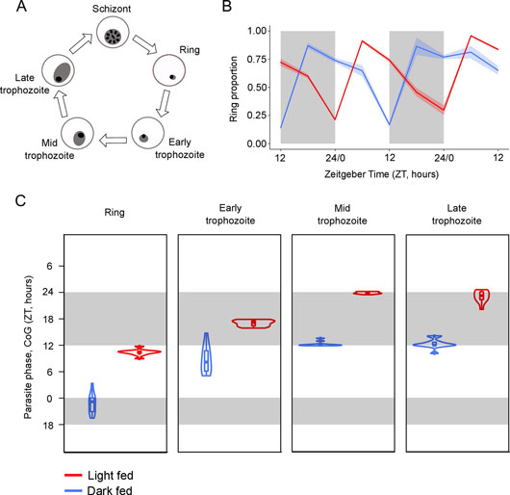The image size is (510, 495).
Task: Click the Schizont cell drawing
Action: point(113,33)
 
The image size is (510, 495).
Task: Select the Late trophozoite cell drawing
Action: point(59,70)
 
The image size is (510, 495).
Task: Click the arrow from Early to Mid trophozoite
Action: point(113,140)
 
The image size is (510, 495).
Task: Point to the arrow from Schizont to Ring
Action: point(144,44)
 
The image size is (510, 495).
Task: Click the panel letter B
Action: point(227,7)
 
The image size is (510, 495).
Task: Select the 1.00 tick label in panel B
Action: point(258,31)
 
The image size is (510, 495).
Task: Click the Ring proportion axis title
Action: point(233,89)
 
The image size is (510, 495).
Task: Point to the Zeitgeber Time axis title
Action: point(381,174)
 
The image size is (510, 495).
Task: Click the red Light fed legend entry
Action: point(99,476)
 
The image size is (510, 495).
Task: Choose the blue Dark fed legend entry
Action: point(98,490)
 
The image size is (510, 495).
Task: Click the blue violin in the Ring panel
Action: point(92,401)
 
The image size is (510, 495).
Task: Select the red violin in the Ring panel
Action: point(140,352)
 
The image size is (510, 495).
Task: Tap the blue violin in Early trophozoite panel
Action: point(206,354)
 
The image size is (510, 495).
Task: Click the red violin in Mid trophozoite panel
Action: point(368,293)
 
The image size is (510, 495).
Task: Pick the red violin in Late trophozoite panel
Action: point(482,300)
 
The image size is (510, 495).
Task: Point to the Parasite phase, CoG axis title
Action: point(28,348)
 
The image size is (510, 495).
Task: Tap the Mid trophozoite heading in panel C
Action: point(343,215)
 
